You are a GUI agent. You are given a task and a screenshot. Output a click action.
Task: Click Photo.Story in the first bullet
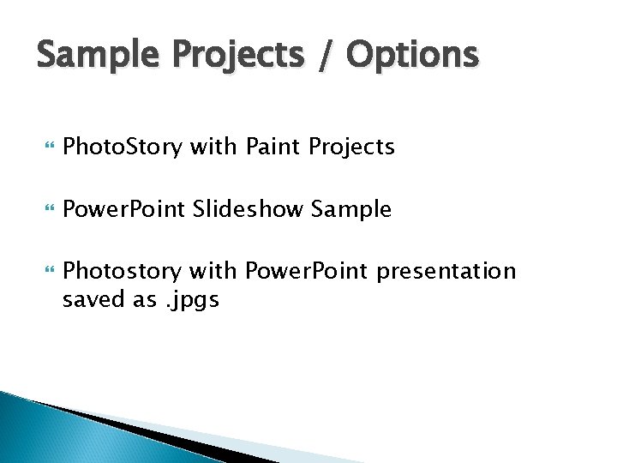(123, 147)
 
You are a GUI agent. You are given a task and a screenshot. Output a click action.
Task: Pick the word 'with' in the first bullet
(214, 147)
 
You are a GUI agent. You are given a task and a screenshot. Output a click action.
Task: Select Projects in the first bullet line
(352, 147)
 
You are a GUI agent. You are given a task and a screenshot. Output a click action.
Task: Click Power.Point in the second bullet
(125, 209)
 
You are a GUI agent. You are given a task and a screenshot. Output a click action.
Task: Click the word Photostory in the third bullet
(123, 272)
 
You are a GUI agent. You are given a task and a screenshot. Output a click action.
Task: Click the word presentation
(446, 272)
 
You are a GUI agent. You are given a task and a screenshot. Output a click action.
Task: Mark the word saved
(90, 299)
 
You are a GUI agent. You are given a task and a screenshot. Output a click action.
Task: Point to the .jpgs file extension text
(189, 299)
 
